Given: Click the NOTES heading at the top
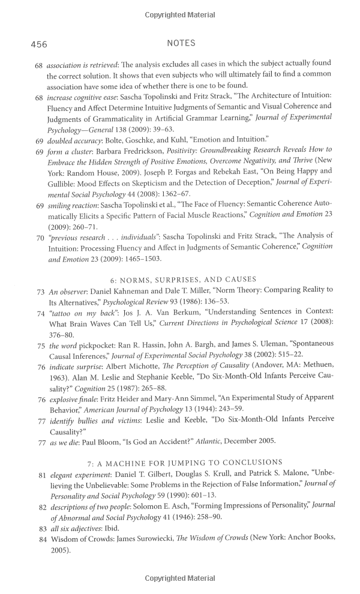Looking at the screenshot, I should coord(181,43).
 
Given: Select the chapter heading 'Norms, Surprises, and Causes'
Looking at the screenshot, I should coord(183,279).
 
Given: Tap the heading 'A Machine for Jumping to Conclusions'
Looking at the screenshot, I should coord(184,462).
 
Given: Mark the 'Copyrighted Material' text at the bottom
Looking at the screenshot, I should coord(180,578).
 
